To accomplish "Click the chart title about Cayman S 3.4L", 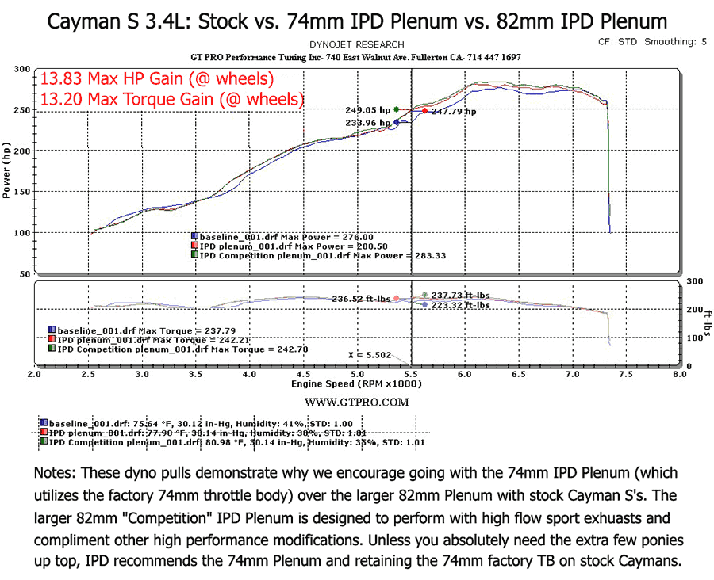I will tap(357, 21).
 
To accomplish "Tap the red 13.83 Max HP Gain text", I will tap(157, 79).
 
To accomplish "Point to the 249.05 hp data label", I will tap(368, 110).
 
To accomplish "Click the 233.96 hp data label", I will tap(368, 123).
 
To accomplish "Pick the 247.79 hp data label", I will tap(454, 112).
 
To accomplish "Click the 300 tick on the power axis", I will tap(21, 70).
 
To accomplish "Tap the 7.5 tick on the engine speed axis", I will tap(625, 373).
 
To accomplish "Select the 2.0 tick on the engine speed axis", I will tap(34, 373).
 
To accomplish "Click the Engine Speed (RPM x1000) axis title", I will tap(356, 383).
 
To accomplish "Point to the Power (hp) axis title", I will tap(7, 171).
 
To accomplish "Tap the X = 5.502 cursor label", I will tap(370, 355).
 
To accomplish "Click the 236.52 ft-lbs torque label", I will tap(361, 299).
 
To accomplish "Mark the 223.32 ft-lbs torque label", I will tap(461, 305).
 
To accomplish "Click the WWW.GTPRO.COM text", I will tap(356, 403).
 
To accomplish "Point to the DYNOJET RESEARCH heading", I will tap(356, 44).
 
